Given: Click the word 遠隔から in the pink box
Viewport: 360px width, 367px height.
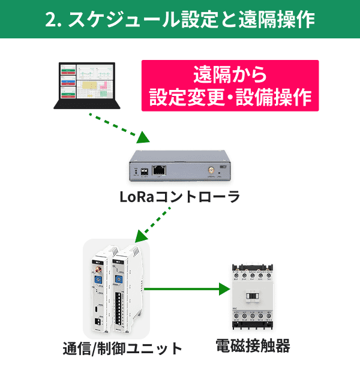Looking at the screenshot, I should [230, 76].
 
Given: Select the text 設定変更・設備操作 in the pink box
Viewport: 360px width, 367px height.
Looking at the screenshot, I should [230, 97].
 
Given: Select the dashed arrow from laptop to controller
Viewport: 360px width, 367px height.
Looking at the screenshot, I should [118, 127].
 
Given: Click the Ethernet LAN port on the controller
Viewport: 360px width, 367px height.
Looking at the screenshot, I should [158, 170].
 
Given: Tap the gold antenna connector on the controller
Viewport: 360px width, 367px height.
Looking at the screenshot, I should [211, 170].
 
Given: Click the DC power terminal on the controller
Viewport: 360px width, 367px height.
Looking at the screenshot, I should [144, 171].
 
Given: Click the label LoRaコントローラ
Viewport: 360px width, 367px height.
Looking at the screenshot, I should [179, 197].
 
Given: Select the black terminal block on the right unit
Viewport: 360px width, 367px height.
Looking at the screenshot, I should [123, 309].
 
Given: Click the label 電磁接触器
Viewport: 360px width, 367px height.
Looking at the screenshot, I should [253, 346].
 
